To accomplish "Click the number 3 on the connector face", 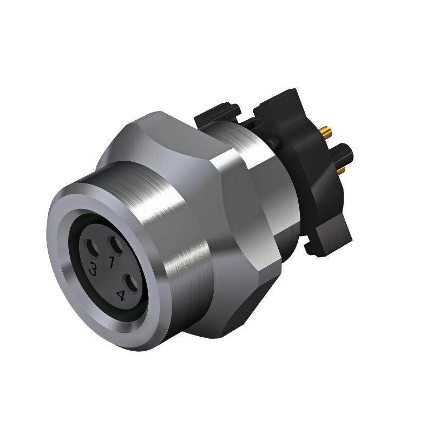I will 94,269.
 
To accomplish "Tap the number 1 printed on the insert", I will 111,263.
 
